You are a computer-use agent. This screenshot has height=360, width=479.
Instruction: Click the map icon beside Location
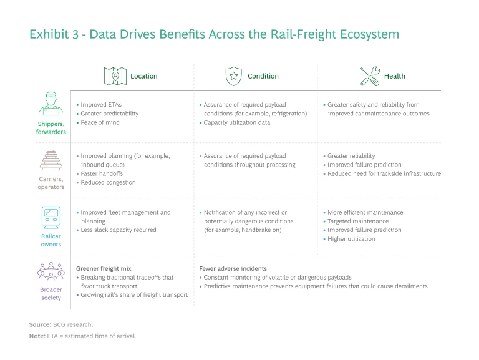(115, 76)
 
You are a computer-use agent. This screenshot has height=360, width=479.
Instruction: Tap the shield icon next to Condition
(234, 76)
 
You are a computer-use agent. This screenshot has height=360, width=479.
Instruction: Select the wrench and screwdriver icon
(370, 76)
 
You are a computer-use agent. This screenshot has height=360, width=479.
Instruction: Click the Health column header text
(394, 76)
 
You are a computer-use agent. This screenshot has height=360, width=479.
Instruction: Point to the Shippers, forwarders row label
(51, 128)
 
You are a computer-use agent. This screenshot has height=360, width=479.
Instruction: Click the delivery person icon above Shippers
(51, 104)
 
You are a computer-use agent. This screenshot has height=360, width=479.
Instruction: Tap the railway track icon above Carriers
(51, 160)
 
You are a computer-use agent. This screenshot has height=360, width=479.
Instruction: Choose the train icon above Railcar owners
(51, 218)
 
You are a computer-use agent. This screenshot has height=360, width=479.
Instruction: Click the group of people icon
(51, 271)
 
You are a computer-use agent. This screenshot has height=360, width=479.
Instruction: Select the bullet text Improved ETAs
(101, 105)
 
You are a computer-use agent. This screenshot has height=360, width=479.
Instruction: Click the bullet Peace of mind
(100, 122)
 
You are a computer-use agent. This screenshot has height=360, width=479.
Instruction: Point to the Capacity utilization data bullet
(237, 122)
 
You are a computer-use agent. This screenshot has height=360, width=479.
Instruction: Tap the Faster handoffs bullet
(102, 173)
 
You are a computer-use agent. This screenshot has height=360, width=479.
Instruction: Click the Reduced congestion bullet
(108, 182)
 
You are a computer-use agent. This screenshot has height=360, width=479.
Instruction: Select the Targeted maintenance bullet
(358, 221)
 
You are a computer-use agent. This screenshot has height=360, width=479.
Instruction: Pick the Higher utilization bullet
(351, 239)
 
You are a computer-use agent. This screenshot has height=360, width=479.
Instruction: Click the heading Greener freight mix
(104, 269)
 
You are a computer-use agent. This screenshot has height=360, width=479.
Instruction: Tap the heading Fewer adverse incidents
(233, 269)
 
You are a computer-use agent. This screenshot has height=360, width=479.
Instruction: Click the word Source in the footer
(40, 324)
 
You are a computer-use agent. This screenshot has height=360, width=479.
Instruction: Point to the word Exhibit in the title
(49, 34)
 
